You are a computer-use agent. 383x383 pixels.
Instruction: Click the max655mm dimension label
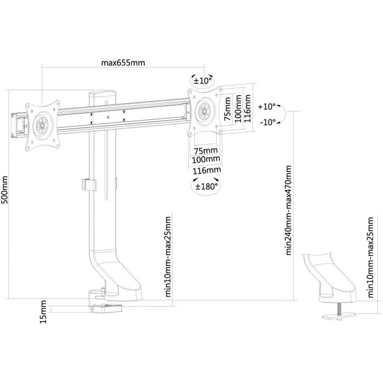(x=123, y=63)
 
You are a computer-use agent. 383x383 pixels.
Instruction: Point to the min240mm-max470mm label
(x=289, y=210)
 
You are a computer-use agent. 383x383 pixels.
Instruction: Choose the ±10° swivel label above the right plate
(x=203, y=81)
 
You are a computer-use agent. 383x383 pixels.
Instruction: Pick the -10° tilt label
(x=267, y=122)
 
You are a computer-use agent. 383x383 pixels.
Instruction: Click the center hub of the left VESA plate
(x=41, y=124)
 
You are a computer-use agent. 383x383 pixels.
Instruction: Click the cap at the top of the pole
(x=102, y=93)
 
